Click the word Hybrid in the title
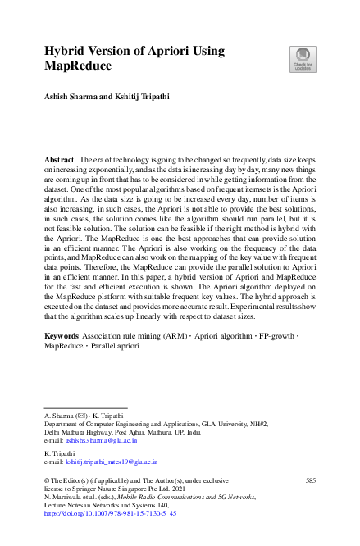point(68,51)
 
